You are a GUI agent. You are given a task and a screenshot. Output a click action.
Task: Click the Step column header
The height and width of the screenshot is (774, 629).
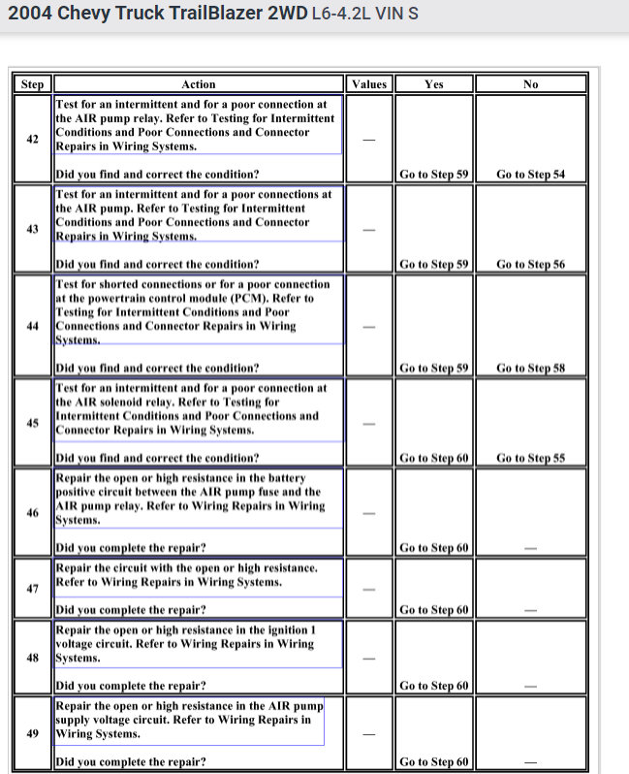[x=32, y=84]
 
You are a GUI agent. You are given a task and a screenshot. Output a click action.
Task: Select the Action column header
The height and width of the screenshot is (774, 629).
[x=199, y=84]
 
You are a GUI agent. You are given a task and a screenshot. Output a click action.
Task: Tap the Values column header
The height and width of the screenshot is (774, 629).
[x=369, y=84]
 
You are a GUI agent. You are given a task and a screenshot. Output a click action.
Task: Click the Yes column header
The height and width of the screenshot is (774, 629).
[x=434, y=84]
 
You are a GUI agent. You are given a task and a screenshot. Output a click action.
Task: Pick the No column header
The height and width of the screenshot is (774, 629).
[x=530, y=84]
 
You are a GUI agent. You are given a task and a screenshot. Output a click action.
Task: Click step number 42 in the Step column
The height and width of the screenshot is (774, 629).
[x=32, y=139]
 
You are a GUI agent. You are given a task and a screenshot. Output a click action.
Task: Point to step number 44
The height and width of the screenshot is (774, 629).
[x=32, y=326]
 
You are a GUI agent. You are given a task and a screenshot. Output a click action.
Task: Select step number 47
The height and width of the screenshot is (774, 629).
[x=32, y=589]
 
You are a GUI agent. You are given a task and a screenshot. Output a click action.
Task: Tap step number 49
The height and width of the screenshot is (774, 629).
[x=32, y=733]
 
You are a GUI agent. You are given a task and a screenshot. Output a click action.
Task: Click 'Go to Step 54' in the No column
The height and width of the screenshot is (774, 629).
[x=530, y=175]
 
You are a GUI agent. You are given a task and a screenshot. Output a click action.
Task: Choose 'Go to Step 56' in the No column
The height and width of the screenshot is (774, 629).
[x=530, y=264]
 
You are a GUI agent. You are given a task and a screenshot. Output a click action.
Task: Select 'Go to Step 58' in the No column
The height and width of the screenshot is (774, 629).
[x=530, y=369]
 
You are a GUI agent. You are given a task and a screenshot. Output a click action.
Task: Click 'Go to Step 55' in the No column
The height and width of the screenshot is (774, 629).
[x=530, y=458]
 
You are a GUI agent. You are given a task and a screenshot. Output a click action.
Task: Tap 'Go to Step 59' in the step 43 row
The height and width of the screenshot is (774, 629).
[x=434, y=264]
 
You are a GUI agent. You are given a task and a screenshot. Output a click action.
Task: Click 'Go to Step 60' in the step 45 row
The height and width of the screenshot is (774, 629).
[x=434, y=458]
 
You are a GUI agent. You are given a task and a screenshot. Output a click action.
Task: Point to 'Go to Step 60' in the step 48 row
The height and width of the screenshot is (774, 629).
[x=434, y=686]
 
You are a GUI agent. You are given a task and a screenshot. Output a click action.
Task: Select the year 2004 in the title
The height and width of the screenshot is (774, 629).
[x=30, y=16]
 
